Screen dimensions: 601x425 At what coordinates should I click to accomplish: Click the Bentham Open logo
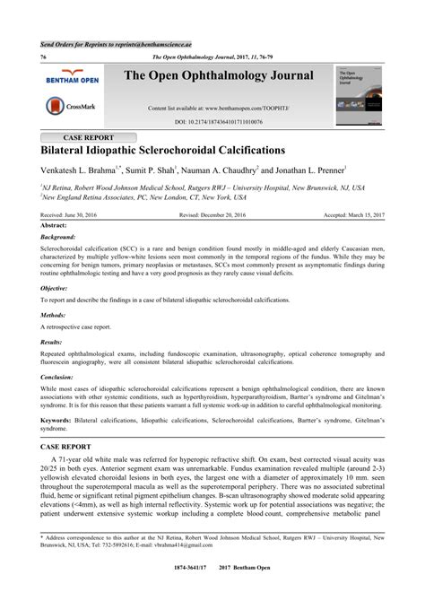(x=73, y=77)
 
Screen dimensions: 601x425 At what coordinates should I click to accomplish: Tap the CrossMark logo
(x=73, y=107)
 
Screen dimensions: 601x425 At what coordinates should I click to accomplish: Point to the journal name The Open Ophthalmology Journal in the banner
(x=220, y=75)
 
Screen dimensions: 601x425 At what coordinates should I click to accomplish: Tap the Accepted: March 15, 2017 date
(x=355, y=216)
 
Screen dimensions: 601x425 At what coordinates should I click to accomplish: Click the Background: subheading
(x=59, y=237)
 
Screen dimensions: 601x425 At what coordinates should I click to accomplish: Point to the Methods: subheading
(x=55, y=317)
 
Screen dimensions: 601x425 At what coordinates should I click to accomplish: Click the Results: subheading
(x=52, y=343)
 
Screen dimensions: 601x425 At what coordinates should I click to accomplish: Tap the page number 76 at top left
(x=43, y=57)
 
